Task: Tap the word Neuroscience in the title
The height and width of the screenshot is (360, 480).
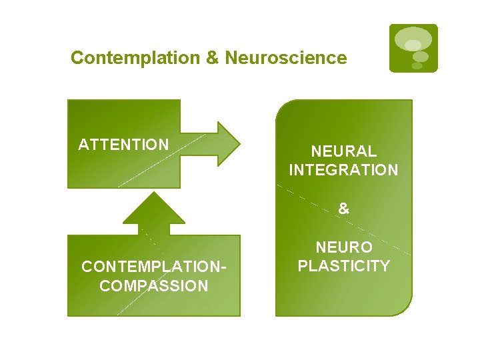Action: point(286,58)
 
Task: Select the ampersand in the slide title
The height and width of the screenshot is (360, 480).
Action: point(213,58)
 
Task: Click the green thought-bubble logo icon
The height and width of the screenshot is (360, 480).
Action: point(413,48)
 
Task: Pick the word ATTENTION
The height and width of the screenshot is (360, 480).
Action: point(123,145)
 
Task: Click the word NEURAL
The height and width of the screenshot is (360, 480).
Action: point(343,152)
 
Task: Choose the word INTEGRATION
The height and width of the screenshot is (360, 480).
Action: point(343,170)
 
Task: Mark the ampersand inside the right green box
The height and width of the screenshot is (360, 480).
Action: point(343,209)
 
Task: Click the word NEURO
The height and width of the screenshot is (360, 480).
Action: point(343,248)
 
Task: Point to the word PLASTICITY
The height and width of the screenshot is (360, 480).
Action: point(343,266)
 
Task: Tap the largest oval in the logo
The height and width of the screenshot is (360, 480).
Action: point(413,39)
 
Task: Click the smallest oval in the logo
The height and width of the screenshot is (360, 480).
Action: point(417,65)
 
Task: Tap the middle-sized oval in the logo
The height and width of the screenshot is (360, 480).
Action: point(420,57)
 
